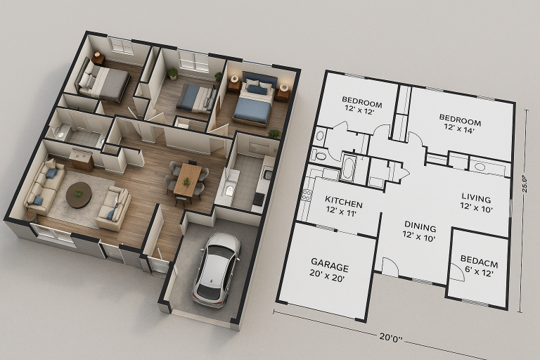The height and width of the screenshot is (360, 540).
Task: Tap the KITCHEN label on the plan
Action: pyautogui.click(x=344, y=202)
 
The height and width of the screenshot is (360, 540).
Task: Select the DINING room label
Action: pyautogui.click(x=420, y=226)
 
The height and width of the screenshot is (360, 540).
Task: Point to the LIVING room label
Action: pyautogui.click(x=476, y=198)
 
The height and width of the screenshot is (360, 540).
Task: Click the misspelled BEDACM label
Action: pyautogui.click(x=479, y=261)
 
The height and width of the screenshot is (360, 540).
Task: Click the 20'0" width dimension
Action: pyautogui.click(x=391, y=337)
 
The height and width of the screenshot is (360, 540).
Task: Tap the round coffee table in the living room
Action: pyautogui.click(x=79, y=195)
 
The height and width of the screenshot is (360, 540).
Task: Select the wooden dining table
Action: pyautogui.click(x=187, y=179)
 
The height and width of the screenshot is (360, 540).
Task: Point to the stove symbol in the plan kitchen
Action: pyautogui.click(x=306, y=195)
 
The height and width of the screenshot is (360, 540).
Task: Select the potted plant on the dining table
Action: pyautogui.click(x=186, y=181)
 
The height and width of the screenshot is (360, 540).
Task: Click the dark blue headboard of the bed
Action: pyautogui.click(x=259, y=79)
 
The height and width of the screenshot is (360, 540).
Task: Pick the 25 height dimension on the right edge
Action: pyautogui.click(x=525, y=184)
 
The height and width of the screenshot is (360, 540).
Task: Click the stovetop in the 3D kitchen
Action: pyautogui.click(x=259, y=199)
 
